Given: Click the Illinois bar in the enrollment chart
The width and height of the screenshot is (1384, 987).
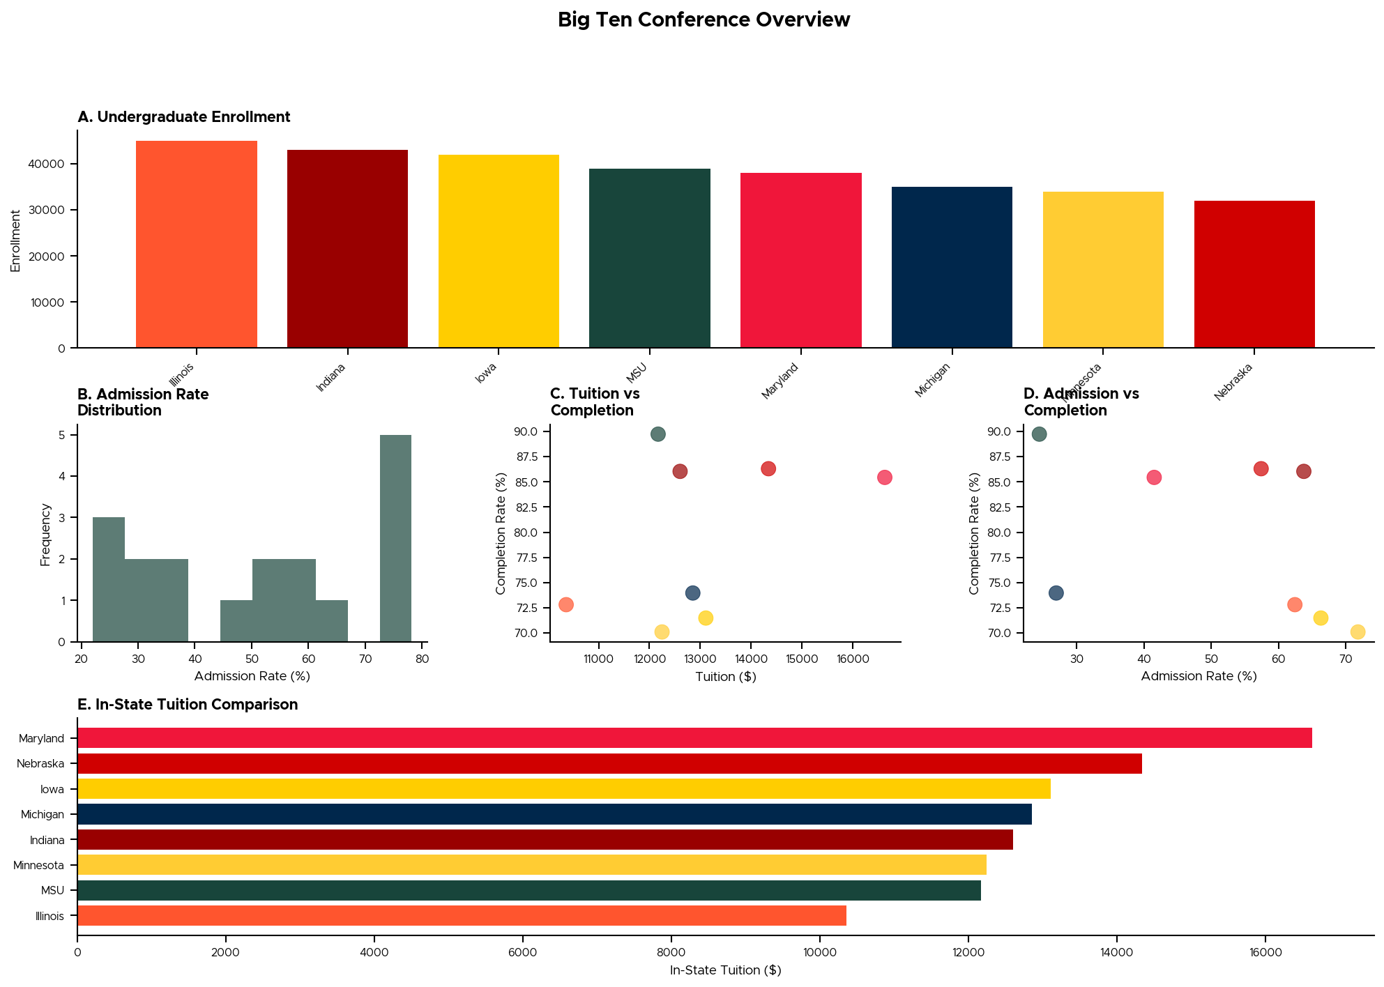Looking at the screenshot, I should click(x=196, y=244).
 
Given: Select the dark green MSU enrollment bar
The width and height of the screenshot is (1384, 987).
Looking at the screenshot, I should click(x=649, y=258).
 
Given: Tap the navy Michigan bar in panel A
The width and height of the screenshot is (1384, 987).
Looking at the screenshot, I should click(x=951, y=267).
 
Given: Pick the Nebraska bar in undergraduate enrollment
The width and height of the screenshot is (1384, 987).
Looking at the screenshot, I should click(x=1254, y=274).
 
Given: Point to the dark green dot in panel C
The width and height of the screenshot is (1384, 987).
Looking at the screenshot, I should click(x=657, y=434).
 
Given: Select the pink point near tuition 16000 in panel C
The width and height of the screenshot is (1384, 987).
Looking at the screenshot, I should click(x=884, y=477).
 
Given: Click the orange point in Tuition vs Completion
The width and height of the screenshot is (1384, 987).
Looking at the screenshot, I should click(x=566, y=604).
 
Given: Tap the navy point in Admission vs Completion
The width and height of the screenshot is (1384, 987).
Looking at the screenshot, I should click(x=1056, y=593).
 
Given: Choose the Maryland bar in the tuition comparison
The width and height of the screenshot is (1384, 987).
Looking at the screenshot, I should click(x=694, y=738).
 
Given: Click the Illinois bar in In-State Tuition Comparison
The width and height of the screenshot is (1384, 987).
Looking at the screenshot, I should click(x=462, y=916).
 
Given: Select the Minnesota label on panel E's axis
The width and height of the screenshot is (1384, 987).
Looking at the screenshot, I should click(x=39, y=866).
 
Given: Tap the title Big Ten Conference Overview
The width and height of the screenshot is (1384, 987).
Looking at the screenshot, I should click(x=704, y=20).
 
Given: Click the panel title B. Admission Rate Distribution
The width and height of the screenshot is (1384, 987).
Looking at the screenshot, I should click(x=143, y=402).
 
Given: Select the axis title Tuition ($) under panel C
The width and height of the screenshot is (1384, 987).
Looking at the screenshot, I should click(x=725, y=677).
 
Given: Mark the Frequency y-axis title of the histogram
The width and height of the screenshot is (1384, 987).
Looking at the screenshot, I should click(x=45, y=535).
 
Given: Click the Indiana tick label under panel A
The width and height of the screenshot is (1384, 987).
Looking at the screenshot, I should click(x=330, y=377).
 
